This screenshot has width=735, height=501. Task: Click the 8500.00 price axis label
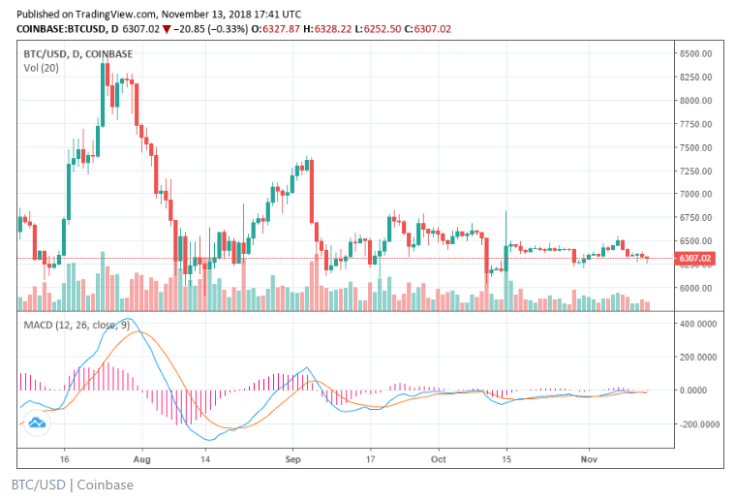coord(696,53)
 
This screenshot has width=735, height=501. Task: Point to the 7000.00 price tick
coord(696,194)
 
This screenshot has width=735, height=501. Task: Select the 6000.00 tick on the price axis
coord(696,288)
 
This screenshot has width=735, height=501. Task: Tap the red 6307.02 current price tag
coord(695,259)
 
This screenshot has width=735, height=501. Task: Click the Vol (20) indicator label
coord(41,69)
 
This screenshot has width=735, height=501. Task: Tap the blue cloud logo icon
coord(37,423)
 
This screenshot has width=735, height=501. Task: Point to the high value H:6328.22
coord(330,29)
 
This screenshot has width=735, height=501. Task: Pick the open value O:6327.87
coord(276,29)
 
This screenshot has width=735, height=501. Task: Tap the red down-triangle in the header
coord(168,29)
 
